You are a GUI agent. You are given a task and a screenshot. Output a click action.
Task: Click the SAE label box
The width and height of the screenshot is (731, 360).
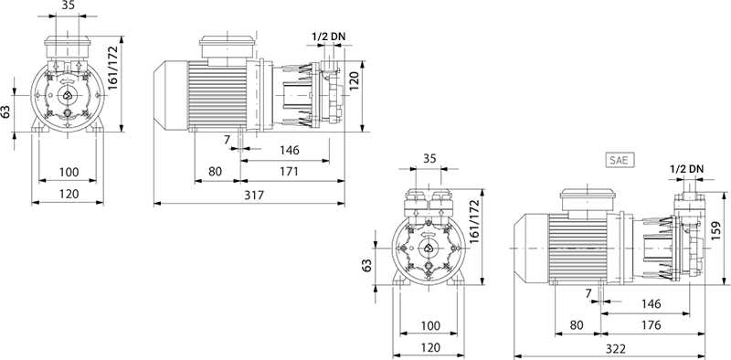pos(620,160)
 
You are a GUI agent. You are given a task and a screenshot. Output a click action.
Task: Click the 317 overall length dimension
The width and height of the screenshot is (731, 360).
pos(254,195)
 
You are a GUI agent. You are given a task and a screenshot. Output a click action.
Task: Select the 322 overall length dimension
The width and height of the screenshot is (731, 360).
pos(617,349)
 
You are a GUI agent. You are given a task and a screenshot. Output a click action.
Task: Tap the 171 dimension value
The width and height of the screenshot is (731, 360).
pos(289,171)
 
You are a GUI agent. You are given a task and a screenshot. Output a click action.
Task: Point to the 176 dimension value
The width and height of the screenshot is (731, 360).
pos(651,325)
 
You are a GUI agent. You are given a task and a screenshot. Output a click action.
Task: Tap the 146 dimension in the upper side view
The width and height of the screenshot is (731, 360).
pos(289,150)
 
